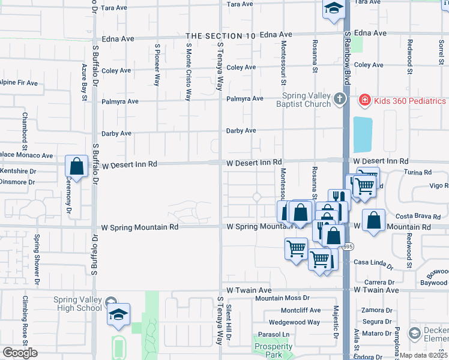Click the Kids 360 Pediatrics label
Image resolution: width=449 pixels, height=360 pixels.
coord(410,101)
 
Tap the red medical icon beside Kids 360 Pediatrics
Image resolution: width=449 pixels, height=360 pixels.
coord(364,101)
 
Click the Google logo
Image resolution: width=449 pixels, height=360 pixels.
coord(20,353)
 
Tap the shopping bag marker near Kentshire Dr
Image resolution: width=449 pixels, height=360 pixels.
coord(76,166)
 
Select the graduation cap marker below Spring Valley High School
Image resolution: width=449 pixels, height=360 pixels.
coord(118,315)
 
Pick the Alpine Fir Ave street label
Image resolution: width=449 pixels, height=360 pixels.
coord(19,82)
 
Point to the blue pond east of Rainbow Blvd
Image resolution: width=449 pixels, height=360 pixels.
coord(363,134)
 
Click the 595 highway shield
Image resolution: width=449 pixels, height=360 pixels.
coord(348,247)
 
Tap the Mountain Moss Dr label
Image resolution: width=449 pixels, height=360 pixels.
coord(282,298)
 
